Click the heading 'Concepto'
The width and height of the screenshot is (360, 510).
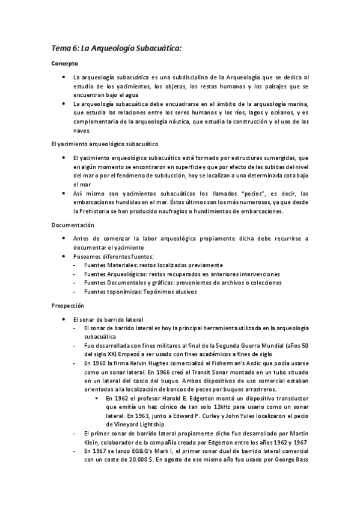pos(64,63)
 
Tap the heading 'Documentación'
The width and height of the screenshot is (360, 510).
pos(73,225)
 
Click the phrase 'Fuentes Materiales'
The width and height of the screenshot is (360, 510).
pos(109,265)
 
